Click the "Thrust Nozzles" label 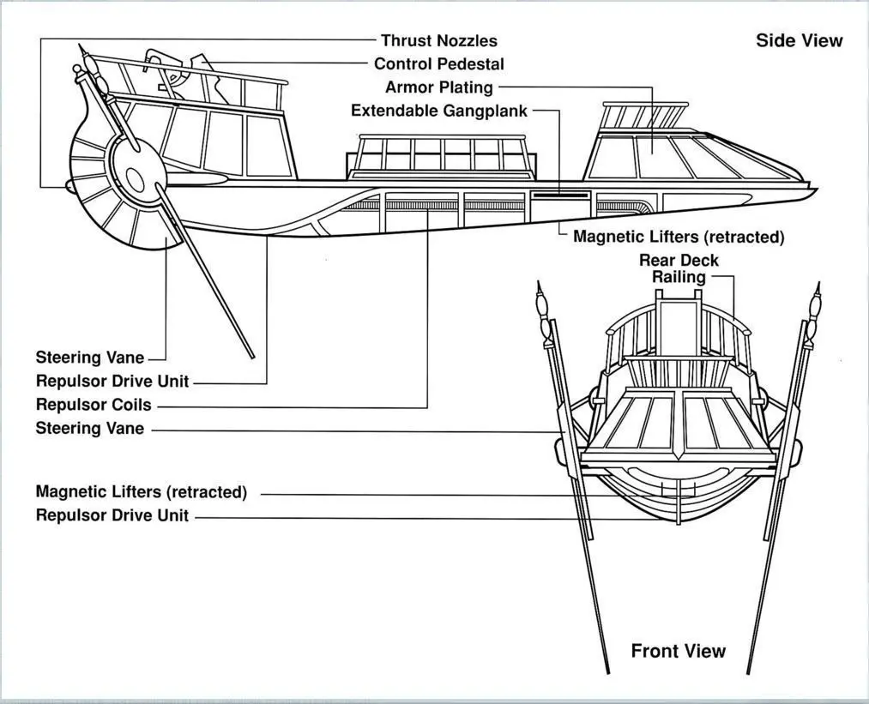coord(438,40)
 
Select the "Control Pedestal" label coord(438,63)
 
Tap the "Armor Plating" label coord(438,87)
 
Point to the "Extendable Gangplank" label coord(438,111)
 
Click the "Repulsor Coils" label coord(94,404)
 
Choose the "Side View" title coord(799,40)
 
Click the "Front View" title coord(678,651)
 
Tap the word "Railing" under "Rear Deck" coord(679,277)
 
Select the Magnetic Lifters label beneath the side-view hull coord(678,237)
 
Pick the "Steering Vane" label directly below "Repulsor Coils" coord(90,428)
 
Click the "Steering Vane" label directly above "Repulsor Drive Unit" coord(90,357)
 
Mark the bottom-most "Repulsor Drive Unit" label coord(112,515)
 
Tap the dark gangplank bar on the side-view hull coord(559,196)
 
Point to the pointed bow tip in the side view coord(816,189)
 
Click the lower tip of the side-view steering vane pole coord(252,355)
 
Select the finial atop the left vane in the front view coord(540,302)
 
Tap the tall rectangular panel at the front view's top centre coord(678,326)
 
